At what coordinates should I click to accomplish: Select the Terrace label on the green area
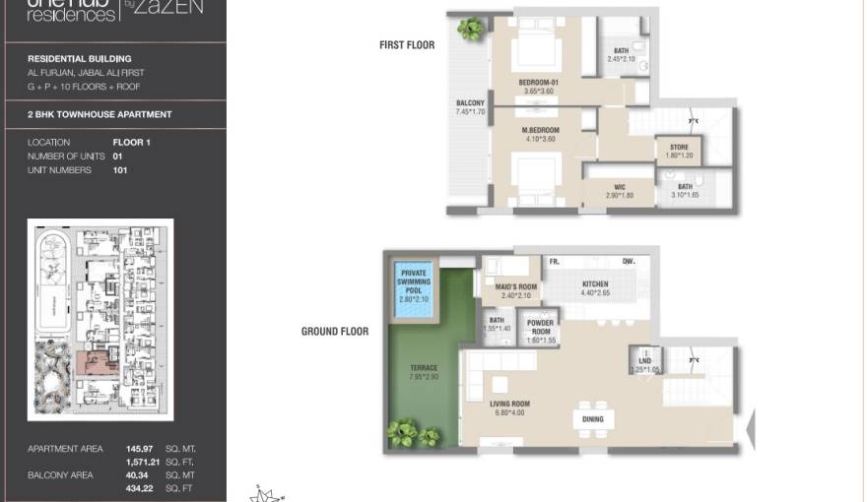(424, 372)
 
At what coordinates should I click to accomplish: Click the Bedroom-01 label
(538, 83)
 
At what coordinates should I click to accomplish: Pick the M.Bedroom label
(540, 131)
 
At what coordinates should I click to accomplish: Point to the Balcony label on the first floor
(470, 103)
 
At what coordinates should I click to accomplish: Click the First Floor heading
(406, 45)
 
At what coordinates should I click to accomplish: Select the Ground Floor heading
(334, 332)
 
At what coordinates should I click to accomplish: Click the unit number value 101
(120, 170)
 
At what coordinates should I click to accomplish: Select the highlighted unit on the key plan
(100, 363)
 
